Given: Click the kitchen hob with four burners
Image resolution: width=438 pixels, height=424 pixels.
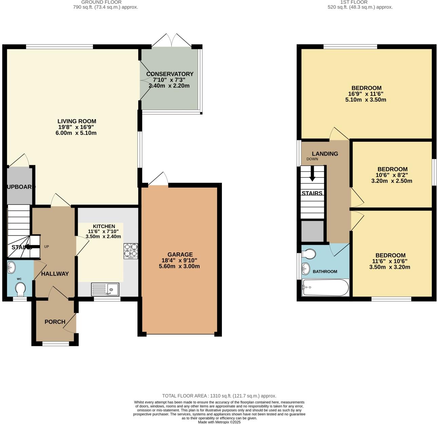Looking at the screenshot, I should pyautogui.click(x=131, y=251).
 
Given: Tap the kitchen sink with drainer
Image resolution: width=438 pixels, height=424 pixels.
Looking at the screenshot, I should pyautogui.click(x=105, y=289).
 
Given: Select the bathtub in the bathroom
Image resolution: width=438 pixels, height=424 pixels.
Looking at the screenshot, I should pyautogui.click(x=325, y=287).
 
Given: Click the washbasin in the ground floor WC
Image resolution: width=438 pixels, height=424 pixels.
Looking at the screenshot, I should pyautogui.click(x=11, y=267).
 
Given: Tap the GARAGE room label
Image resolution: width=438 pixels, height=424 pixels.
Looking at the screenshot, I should pyautogui.click(x=180, y=254).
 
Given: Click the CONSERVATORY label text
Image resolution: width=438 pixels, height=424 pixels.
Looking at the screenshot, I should pyautogui.click(x=170, y=74).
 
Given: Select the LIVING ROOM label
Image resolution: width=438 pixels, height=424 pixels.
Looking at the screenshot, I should pyautogui.click(x=77, y=121).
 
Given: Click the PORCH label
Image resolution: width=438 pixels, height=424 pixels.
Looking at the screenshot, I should pyautogui.click(x=55, y=322).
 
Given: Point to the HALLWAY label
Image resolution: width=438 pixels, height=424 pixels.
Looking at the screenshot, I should pyautogui.click(x=55, y=274).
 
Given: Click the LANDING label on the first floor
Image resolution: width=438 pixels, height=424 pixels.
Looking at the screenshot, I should pyautogui.click(x=325, y=154).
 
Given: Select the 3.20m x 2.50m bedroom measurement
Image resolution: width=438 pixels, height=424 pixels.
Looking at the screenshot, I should pyautogui.click(x=392, y=181).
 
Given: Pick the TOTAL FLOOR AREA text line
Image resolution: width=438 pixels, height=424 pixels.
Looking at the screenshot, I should pyautogui.click(x=219, y=396).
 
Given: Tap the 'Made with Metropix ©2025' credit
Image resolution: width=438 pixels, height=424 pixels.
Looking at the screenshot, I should pyautogui.click(x=219, y=422).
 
